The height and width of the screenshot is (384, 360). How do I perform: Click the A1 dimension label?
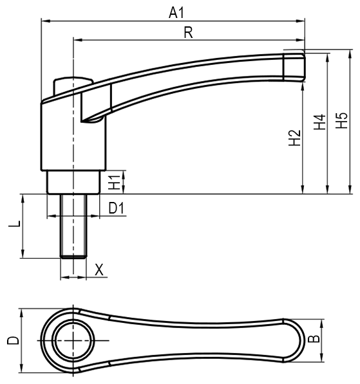click(x=176, y=13)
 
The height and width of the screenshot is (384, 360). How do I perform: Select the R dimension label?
click(x=188, y=33)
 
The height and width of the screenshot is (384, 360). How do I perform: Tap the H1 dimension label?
click(x=114, y=182)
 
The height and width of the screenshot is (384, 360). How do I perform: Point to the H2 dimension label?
click(x=294, y=138)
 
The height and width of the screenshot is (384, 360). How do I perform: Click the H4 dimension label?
click(x=320, y=122)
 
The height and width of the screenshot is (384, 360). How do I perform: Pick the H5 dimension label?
click(x=341, y=120)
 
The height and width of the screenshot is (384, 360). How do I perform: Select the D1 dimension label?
click(x=117, y=208)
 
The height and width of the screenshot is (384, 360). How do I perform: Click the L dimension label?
click(x=14, y=224)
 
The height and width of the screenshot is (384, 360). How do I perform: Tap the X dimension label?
click(x=99, y=270)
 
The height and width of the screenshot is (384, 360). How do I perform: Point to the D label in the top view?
click(x=13, y=340)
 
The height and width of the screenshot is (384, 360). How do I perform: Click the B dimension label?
click(x=314, y=339)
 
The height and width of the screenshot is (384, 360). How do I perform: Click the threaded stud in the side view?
click(x=73, y=226)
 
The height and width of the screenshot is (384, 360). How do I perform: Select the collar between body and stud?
click(x=73, y=182)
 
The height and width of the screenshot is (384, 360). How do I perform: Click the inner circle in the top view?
click(x=73, y=340)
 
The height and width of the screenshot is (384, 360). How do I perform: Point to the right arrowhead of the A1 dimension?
click(x=301, y=21)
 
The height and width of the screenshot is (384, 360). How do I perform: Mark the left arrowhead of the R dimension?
click(x=77, y=40)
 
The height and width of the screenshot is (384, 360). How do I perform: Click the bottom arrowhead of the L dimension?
click(x=23, y=253)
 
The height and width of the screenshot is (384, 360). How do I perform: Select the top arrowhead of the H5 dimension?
click(x=350, y=54)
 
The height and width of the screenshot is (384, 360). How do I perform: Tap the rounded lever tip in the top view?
click(x=301, y=340)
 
